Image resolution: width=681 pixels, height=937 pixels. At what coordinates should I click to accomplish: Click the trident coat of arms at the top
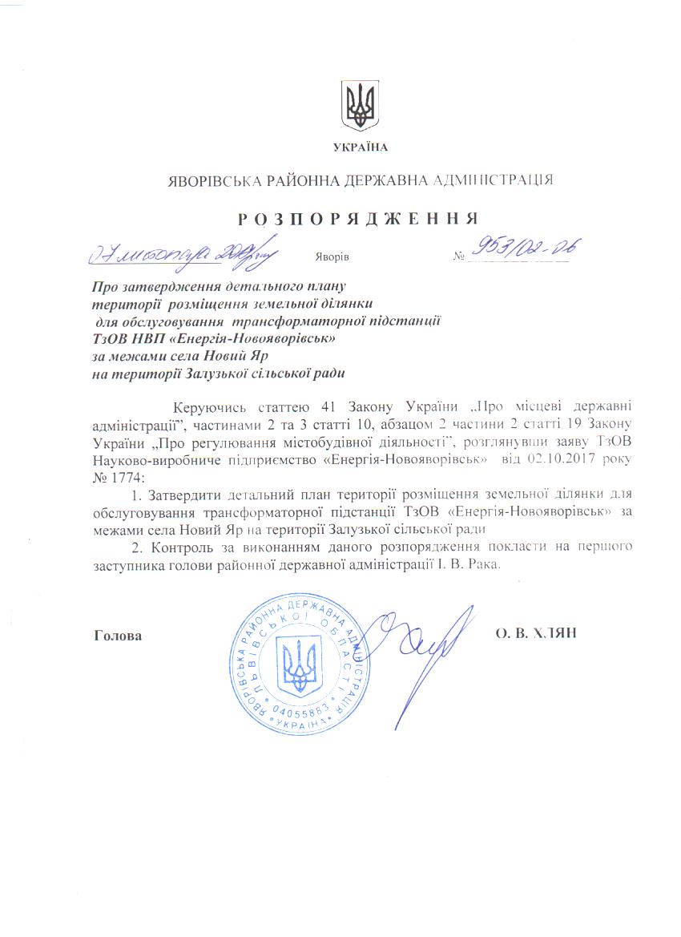(360, 105)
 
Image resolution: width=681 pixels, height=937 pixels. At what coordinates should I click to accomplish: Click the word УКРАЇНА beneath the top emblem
(360, 147)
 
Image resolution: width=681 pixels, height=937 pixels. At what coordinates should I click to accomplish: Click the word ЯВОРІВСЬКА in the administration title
(209, 180)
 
